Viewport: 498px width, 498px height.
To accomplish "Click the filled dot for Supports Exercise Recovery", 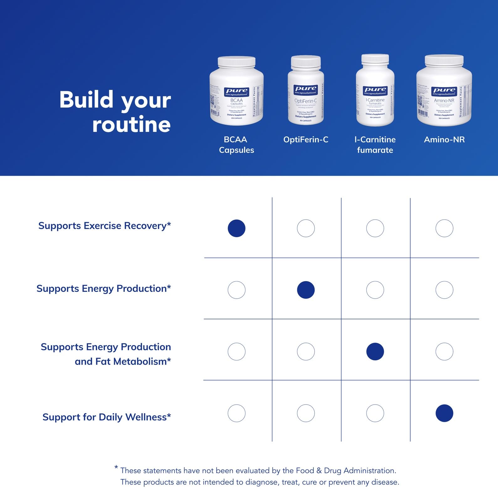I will tap(237, 228).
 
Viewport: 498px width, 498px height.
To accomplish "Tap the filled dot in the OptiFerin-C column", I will tap(306, 290).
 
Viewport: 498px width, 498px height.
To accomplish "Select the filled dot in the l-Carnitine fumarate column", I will tap(375, 351).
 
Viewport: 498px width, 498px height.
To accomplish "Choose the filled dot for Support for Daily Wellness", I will tap(444, 413).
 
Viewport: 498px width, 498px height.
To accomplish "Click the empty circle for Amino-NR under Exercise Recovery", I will tap(444, 228).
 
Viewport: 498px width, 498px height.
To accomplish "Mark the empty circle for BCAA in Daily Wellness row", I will tap(237, 413).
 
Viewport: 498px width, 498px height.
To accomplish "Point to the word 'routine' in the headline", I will tap(131, 125).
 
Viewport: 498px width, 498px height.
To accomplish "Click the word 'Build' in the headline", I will tap(86, 100).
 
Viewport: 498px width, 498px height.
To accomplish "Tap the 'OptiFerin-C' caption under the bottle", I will tap(306, 139).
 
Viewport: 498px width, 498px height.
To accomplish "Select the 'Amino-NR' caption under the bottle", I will tap(444, 139).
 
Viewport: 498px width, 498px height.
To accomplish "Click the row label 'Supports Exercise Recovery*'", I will tap(104, 226).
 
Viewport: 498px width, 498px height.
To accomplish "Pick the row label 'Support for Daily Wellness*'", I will tap(107, 417).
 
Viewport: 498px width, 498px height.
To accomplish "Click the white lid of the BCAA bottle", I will tap(236, 62).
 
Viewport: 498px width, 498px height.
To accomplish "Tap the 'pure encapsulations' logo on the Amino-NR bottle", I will tap(444, 91).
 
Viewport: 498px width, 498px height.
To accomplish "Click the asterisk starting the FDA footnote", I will tap(116, 468).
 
